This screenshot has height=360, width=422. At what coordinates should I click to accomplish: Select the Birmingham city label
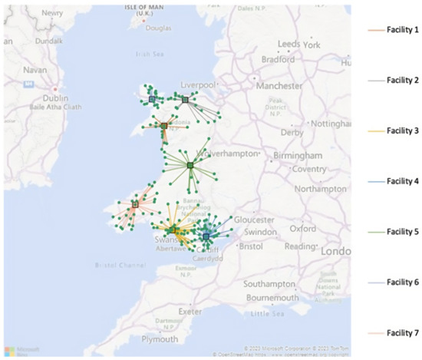point(299,153)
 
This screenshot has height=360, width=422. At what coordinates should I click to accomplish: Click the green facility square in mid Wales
point(190,165)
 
